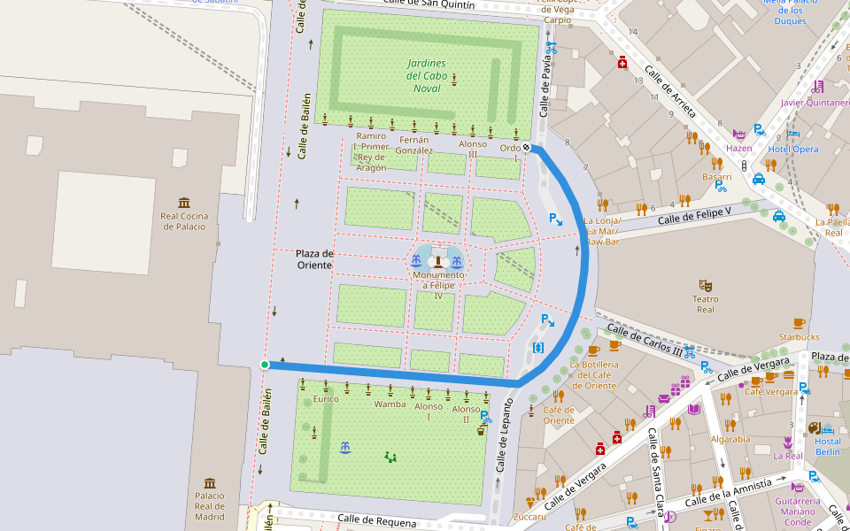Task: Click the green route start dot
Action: pos(265,364)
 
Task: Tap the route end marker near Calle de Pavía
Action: pos(526,148)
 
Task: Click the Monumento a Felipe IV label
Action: pos(437,281)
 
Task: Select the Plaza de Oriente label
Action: pos(314,259)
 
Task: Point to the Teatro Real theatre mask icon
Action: pos(705,285)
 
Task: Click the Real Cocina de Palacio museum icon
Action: pos(184,203)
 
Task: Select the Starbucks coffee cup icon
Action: pos(799,323)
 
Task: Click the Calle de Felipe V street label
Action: pos(695,215)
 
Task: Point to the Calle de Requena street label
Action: pos(376,519)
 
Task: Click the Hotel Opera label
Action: pos(793,149)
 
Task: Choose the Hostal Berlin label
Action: pos(828,446)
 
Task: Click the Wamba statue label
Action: pos(390,404)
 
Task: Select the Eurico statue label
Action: pos(326,399)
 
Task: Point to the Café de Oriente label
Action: pos(559,414)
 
